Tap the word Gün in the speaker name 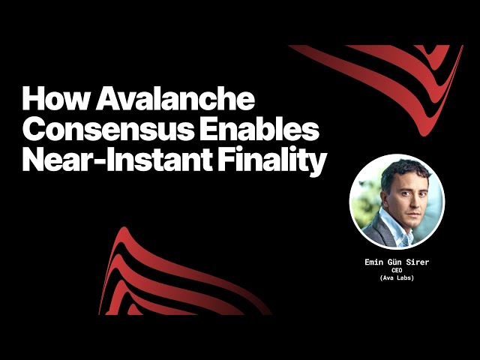398,262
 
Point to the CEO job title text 397,270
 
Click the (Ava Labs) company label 397,278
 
